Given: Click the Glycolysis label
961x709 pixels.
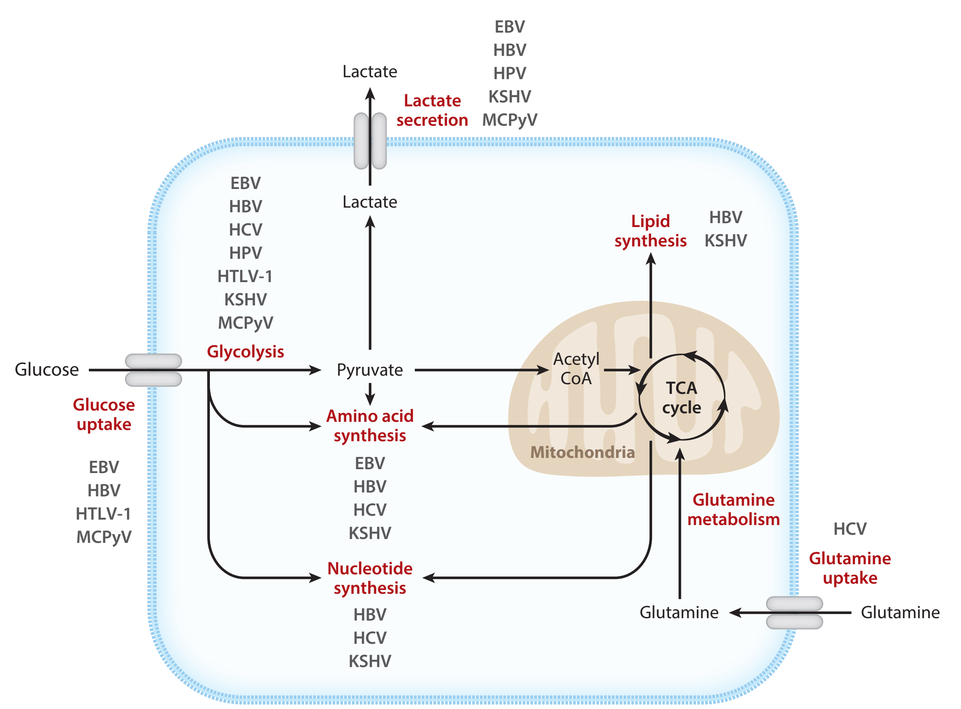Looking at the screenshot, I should coord(246,352).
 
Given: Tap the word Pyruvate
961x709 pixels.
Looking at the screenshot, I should coord(369,370).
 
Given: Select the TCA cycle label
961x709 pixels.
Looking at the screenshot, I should coord(681,398).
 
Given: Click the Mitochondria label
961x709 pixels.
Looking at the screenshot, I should coord(582,452).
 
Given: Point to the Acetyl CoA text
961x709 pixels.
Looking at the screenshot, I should coord(576,369).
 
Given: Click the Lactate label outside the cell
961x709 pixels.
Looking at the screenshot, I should coord(369,71).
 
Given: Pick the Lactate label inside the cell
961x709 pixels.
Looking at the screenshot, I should coord(369,202).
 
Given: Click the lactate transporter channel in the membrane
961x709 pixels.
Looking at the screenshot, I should coord(370,141).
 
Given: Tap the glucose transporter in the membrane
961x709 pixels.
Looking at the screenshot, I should coord(153,370).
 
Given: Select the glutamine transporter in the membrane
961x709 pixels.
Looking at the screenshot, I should coord(794,612).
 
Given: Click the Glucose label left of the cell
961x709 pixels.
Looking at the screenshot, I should coord(47,369).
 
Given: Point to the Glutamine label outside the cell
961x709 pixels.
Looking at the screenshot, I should coord(900,612).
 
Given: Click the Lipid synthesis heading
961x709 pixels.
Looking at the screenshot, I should coord(650,231).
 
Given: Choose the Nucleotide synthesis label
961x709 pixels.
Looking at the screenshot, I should coord(369,578).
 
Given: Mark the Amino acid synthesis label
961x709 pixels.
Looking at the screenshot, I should coord(369,426).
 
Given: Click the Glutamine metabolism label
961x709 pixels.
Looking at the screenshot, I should coord(733,510).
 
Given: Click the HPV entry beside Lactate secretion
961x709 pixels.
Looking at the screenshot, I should coord(509,73).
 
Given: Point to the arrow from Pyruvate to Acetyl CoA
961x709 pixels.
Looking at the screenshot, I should coord(480,370).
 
